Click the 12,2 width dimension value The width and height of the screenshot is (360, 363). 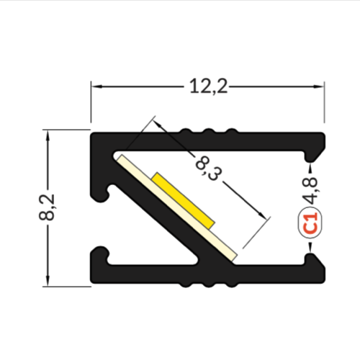coord(208,87)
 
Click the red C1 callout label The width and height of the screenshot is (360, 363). coord(311,223)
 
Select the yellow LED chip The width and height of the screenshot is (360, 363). coord(184,200)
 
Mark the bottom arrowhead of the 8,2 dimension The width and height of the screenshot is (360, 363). coord(48,280)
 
